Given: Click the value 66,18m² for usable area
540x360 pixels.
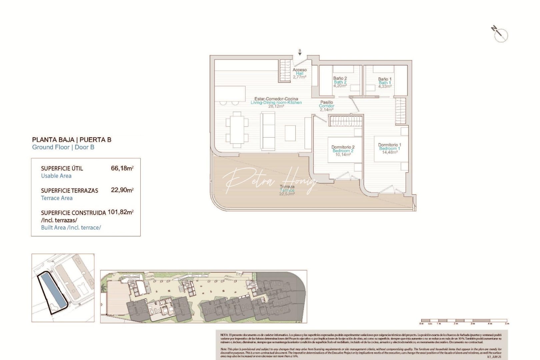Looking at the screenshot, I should [122, 168].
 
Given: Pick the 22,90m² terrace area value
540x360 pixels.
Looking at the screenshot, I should [122, 190].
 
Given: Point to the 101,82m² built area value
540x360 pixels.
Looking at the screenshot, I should [120, 212].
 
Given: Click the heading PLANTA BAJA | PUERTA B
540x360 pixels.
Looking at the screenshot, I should [72, 140].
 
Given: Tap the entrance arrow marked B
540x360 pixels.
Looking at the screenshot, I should [300, 53].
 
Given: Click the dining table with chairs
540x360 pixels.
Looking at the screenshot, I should [237, 130].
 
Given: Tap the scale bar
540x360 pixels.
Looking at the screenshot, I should [464, 321].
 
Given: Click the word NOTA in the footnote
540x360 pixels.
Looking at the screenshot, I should [224, 335].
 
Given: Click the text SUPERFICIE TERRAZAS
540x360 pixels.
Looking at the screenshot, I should [70, 191].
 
